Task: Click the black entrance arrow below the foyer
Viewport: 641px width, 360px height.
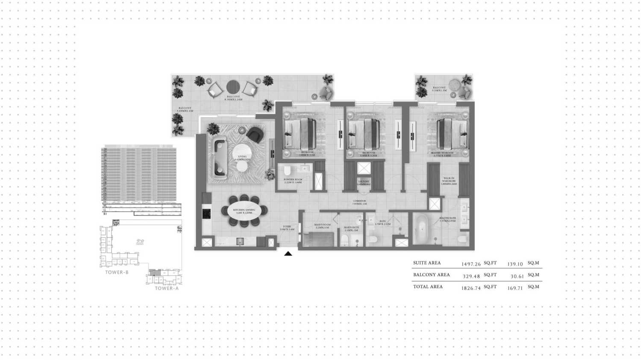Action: click(288, 254)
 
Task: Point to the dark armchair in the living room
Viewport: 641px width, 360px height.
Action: click(256, 135)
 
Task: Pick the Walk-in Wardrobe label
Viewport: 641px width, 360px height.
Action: click(449, 181)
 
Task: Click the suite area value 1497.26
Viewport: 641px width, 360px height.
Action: click(471, 264)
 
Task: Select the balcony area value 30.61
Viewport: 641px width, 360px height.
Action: click(517, 276)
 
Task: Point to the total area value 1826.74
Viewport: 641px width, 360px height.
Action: click(471, 288)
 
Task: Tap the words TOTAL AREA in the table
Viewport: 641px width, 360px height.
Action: click(428, 287)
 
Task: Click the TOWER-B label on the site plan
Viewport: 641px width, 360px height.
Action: click(117, 272)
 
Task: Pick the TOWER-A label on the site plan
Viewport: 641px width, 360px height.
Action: click(167, 288)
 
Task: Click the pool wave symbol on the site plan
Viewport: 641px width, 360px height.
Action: click(140, 242)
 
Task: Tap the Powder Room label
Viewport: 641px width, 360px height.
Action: click(293, 180)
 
